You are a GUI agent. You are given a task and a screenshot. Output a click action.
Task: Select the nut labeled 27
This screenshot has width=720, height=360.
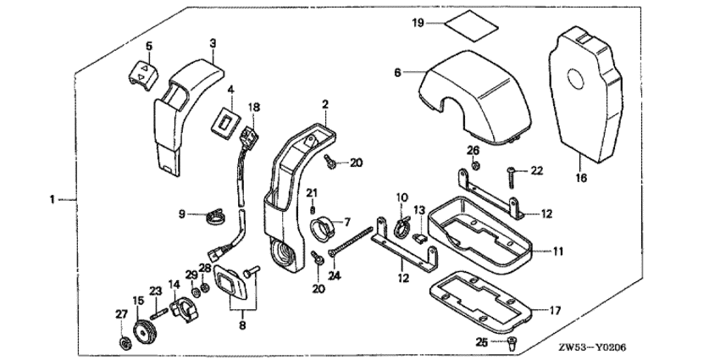124,342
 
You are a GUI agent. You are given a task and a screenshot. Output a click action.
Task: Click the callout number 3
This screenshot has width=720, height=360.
213,42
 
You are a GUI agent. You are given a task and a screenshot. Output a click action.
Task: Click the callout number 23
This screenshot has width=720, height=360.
155,291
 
